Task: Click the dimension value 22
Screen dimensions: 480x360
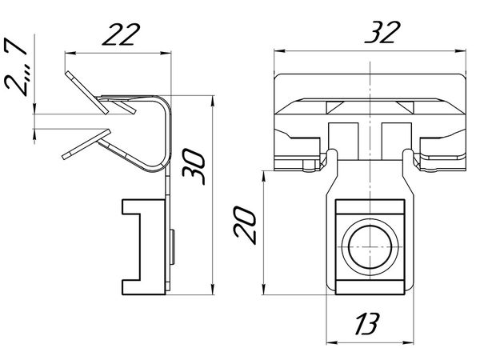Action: tap(122, 34)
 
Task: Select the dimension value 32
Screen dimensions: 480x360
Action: tap(382, 32)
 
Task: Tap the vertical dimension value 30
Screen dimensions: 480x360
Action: tap(194, 166)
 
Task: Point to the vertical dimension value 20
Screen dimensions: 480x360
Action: tap(244, 226)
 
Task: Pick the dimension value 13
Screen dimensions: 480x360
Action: tap(367, 323)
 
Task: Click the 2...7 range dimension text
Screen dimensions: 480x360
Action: tap(16, 67)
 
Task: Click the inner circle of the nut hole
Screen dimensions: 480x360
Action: tap(370, 248)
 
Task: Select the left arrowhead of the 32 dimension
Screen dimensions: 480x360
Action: tap(280, 51)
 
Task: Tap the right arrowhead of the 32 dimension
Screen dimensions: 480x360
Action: tap(460, 51)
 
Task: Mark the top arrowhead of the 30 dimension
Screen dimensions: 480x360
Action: tap(213, 102)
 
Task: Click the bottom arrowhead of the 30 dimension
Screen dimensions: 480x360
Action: tap(213, 289)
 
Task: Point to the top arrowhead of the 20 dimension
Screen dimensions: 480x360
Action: tap(264, 177)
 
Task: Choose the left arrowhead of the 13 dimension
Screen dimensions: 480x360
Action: tap(332, 342)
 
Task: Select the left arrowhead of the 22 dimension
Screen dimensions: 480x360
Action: tap(70, 54)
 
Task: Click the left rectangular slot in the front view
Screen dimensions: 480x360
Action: tap(343, 142)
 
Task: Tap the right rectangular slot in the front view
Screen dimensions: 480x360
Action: tap(396, 142)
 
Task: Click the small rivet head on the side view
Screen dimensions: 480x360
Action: tap(172, 247)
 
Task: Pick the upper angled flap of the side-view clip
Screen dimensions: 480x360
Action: tap(86, 93)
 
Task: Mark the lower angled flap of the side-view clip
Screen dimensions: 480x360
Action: tap(86, 144)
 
